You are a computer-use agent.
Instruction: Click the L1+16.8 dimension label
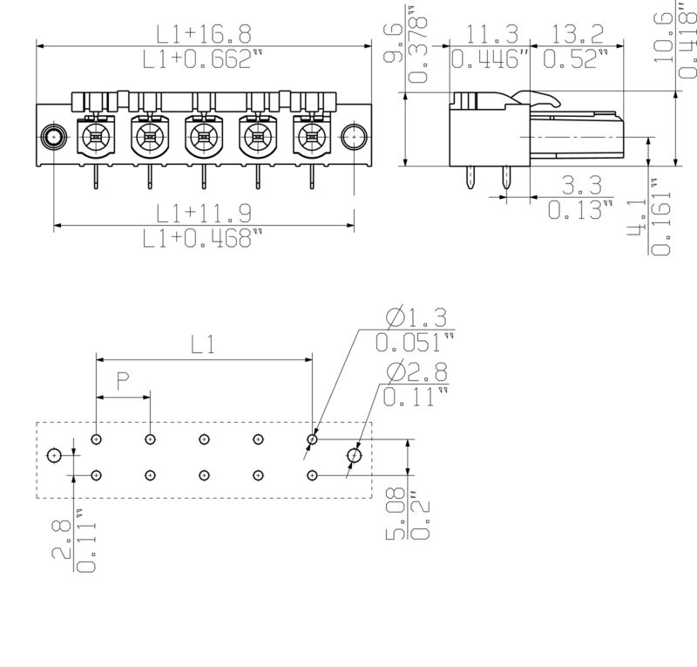pos(204,34)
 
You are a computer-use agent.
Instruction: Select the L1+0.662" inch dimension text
pos(204,59)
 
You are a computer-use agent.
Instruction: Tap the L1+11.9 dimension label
pos(204,213)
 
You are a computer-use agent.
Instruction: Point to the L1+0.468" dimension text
pos(204,238)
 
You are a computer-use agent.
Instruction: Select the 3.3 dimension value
pos(581,185)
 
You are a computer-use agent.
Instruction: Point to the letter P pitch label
pos(123,380)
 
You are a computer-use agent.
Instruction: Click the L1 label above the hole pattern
pos(203,344)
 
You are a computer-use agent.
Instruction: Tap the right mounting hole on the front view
pos(352,136)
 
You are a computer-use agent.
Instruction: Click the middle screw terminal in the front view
pos(202,136)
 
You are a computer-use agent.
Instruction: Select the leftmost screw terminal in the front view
pos(94,136)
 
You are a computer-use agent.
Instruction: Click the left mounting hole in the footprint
pos(54,455)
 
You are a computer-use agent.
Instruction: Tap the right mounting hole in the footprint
pos(354,455)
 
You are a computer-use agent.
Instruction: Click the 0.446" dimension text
pos(491,59)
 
